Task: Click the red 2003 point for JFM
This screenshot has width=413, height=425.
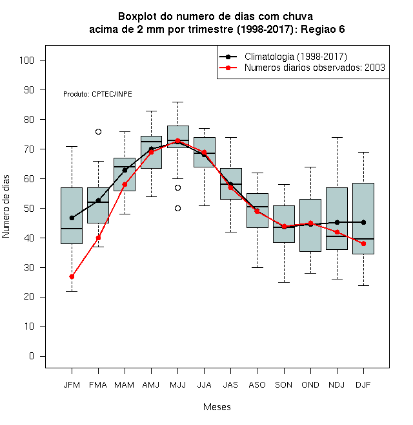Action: tap(72, 276)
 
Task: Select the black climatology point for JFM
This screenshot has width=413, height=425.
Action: tap(72, 218)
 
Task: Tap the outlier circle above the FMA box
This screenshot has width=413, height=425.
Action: tap(98, 132)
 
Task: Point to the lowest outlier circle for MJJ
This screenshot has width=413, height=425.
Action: tap(177, 209)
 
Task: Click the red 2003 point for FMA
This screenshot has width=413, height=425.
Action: tap(98, 238)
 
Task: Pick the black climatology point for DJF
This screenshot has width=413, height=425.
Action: tap(363, 223)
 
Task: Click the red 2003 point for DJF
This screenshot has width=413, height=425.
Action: tap(363, 243)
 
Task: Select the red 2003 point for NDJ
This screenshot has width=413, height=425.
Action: tap(337, 232)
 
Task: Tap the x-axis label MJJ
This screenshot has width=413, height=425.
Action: tap(177, 385)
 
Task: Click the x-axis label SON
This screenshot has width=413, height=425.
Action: tap(284, 385)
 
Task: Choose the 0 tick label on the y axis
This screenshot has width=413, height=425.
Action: tap(32, 356)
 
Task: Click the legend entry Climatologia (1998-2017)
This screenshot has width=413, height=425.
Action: tap(296, 57)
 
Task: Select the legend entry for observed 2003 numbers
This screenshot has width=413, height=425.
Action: tap(315, 68)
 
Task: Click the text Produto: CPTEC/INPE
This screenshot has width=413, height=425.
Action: tap(97, 94)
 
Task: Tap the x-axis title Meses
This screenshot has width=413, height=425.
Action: tap(217, 407)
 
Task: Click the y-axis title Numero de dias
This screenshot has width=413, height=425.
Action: tap(6, 207)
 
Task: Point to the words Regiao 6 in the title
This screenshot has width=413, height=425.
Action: tap(323, 29)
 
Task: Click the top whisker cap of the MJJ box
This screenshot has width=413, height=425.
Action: tap(177, 102)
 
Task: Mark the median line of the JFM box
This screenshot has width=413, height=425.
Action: tap(72, 229)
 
